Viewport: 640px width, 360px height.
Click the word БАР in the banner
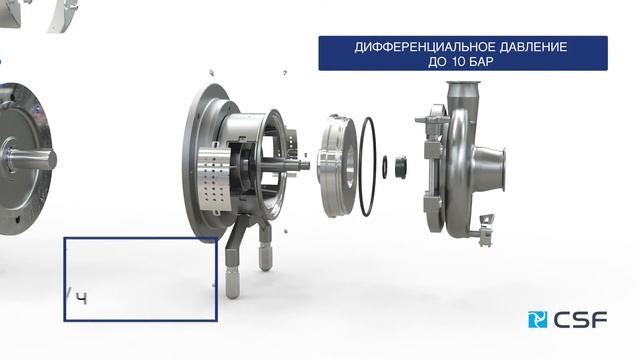(482, 62)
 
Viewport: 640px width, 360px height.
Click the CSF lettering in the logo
(580, 320)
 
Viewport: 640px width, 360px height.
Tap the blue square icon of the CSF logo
(537, 320)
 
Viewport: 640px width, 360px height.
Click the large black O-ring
(367, 166)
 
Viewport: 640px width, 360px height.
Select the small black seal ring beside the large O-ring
(384, 167)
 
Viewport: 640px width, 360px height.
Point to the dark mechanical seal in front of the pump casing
(400, 167)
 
